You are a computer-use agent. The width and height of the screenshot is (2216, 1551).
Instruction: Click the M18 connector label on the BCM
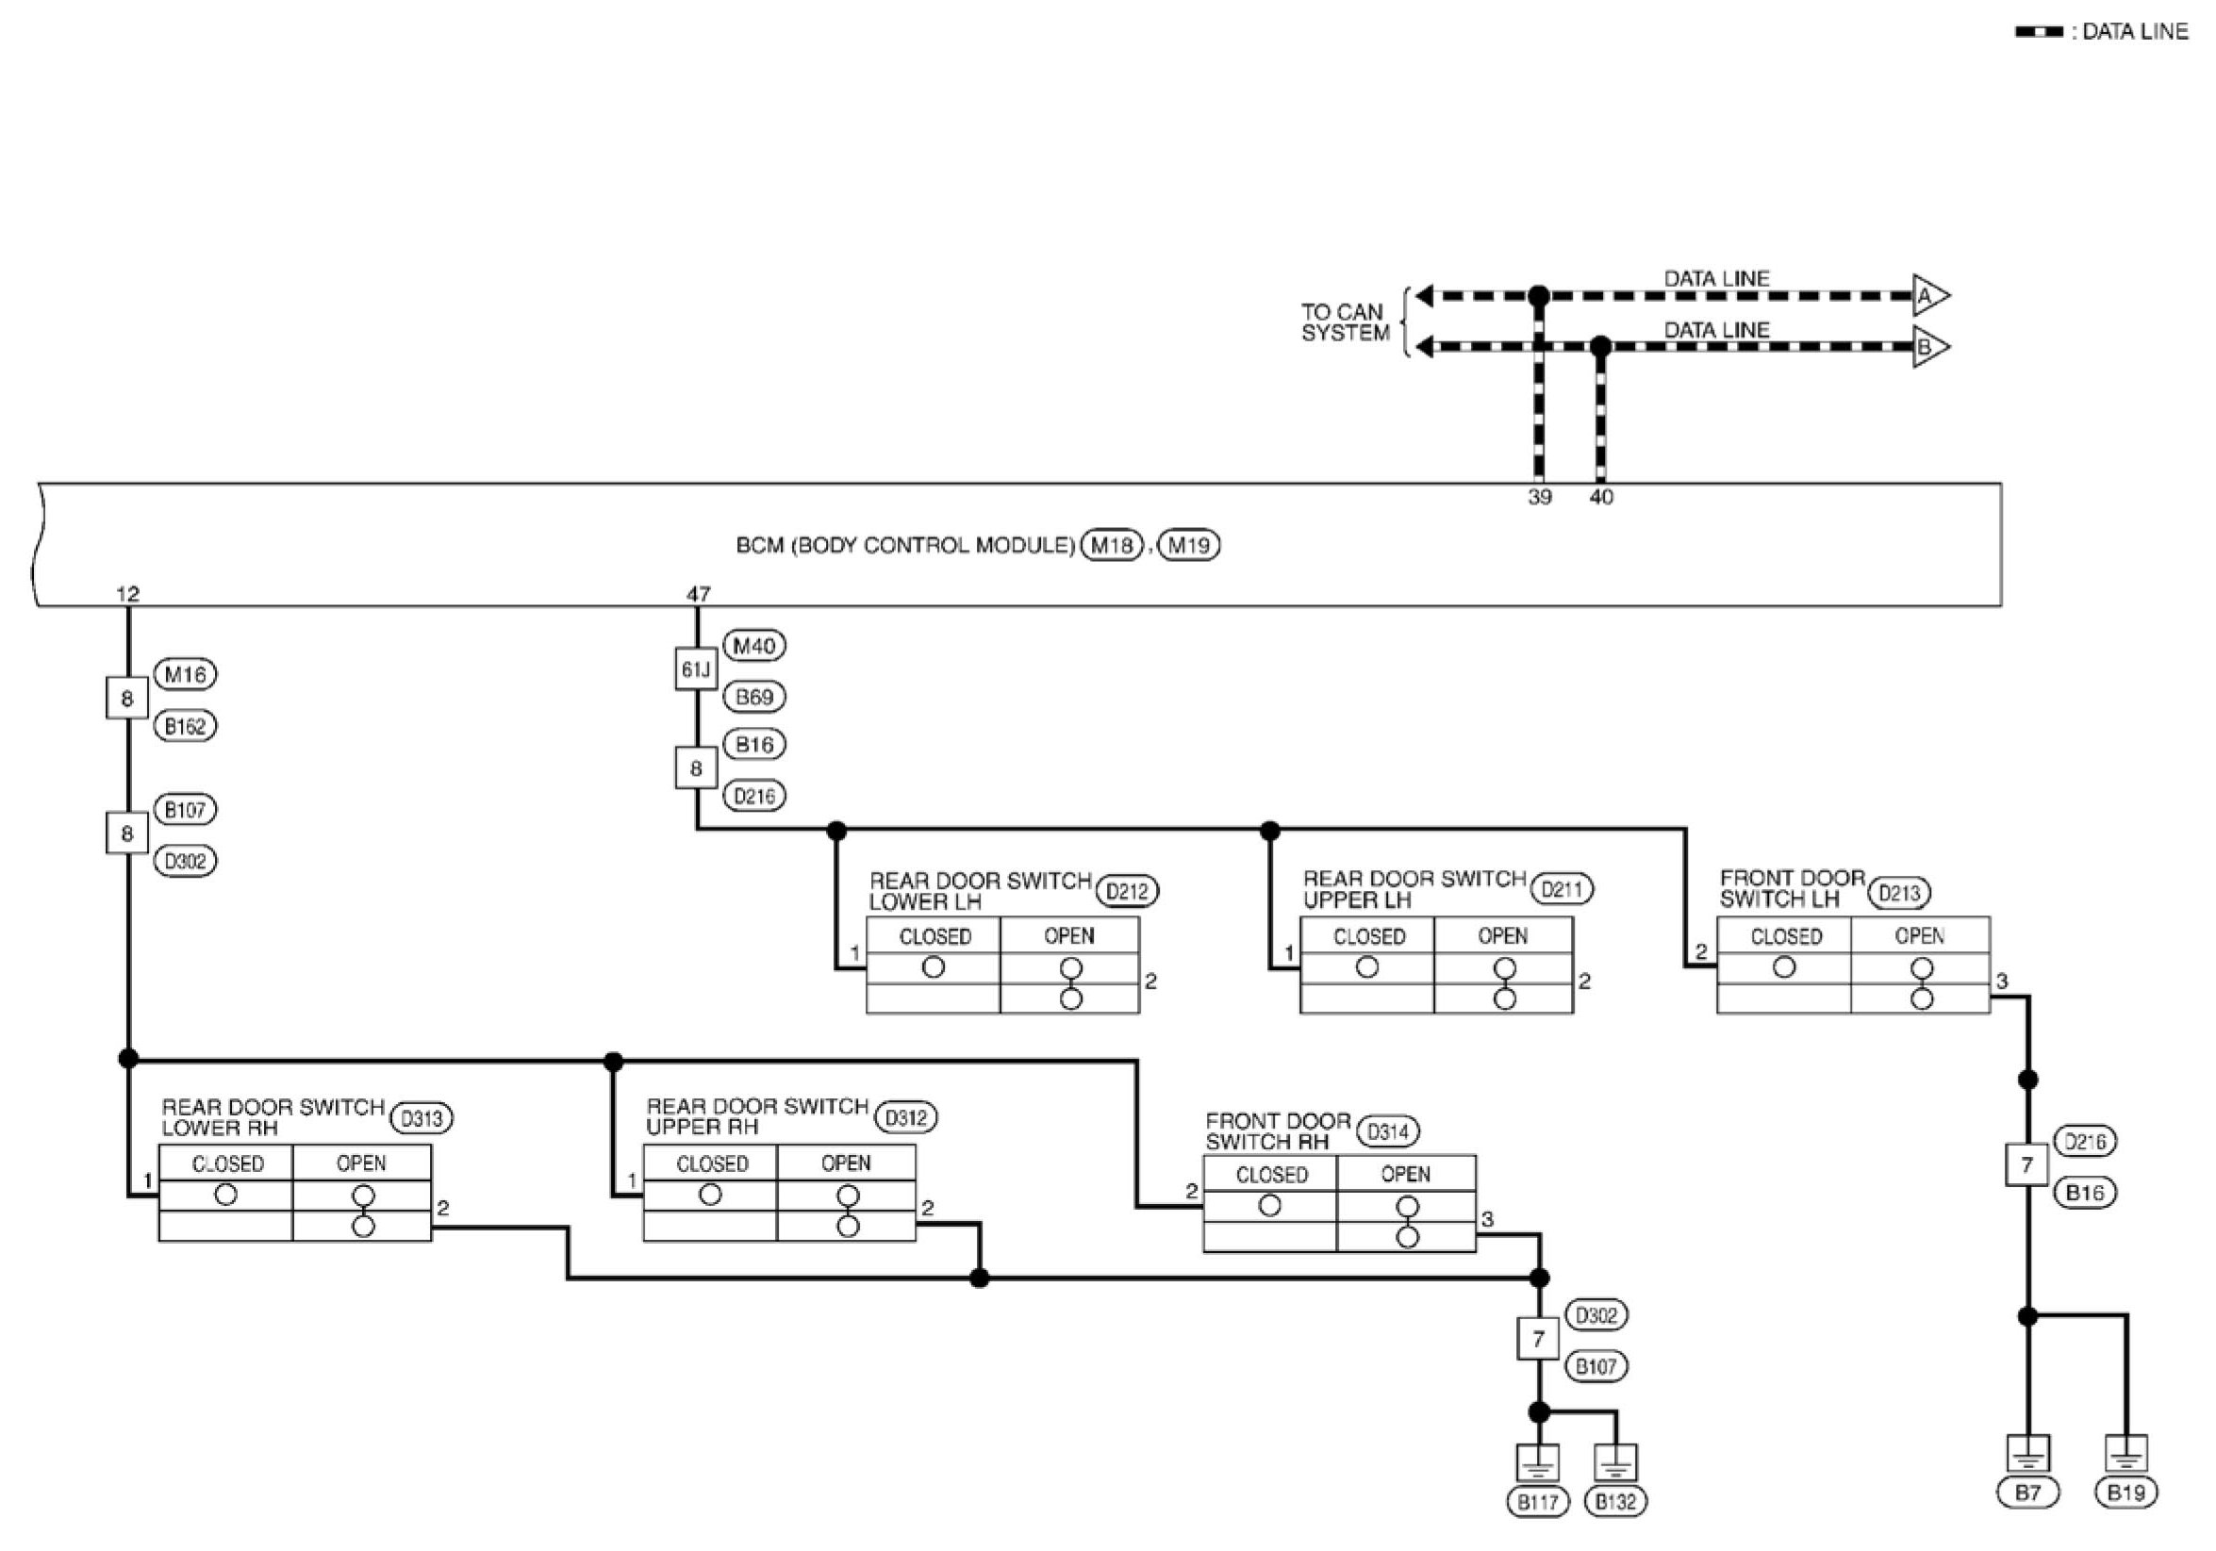1111,545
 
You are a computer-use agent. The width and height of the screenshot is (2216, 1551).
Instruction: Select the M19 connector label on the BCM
1188,545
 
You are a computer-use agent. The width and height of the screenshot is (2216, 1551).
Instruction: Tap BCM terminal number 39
1540,497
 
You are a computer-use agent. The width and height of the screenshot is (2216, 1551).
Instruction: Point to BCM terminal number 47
698,594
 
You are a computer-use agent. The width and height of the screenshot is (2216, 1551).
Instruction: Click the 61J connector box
696,668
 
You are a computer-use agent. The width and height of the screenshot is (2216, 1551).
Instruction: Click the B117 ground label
1537,1502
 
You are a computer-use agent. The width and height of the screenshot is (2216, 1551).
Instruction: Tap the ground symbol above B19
2125,1453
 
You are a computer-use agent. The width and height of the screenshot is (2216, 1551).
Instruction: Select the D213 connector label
1899,893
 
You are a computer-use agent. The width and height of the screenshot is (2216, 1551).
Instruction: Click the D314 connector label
1388,1131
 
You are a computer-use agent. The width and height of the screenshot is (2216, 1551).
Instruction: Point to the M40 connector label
753,646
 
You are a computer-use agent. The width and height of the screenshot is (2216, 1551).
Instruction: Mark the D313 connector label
422,1118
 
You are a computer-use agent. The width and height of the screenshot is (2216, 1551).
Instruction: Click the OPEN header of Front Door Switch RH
1405,1174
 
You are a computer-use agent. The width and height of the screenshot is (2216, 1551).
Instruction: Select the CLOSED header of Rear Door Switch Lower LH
934,936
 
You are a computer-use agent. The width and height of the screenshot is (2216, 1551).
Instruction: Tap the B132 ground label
1615,1502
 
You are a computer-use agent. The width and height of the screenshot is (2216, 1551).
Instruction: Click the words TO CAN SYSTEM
1344,322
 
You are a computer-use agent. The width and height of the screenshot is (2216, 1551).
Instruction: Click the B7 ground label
2027,1493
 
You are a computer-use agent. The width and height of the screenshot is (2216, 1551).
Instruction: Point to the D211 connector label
1562,889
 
